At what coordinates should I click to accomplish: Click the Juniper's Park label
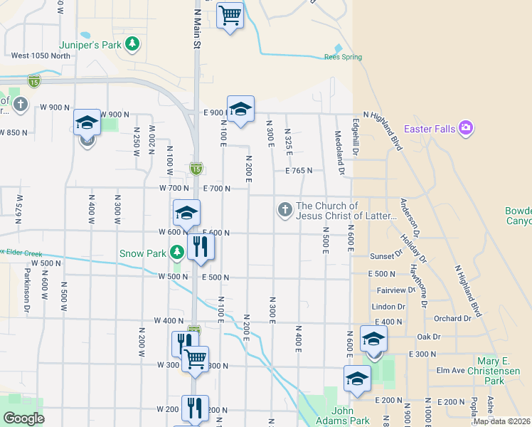[x=95, y=43]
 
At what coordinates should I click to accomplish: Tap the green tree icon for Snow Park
[x=176, y=253]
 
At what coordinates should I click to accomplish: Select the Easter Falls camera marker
[x=466, y=128]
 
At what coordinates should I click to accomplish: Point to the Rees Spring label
[x=343, y=57]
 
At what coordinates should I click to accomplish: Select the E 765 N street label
[x=299, y=171]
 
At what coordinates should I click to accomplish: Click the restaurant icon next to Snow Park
[x=200, y=247]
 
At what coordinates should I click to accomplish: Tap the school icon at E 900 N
[x=240, y=109]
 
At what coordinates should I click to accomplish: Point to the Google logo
[x=23, y=418]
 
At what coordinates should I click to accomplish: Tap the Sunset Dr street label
[x=387, y=256]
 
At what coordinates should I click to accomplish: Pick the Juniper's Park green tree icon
[x=132, y=44]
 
